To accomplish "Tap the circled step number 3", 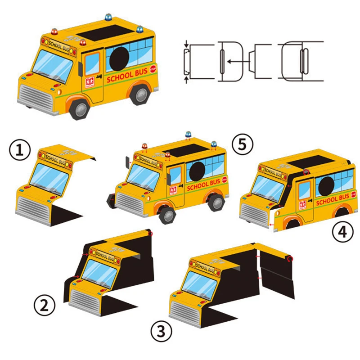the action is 161,332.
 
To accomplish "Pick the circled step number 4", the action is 343,232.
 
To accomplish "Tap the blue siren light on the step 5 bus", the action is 188,134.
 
